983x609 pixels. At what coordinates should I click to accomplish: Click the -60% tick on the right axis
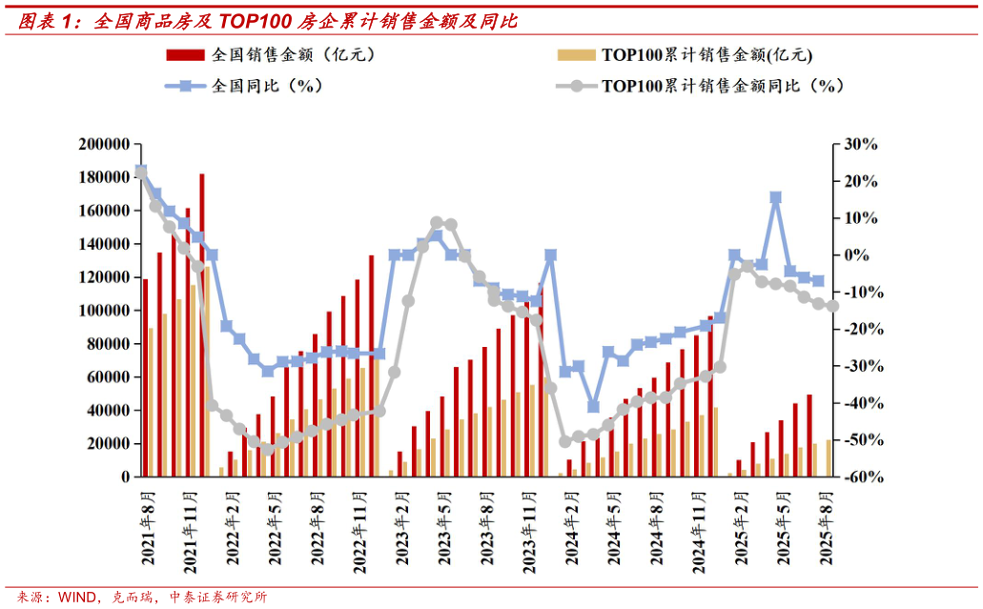click(857, 477)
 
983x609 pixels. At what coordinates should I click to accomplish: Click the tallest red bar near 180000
click(202, 324)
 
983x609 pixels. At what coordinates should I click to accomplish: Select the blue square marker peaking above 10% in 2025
click(776, 197)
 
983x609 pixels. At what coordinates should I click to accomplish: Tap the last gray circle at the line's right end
click(832, 306)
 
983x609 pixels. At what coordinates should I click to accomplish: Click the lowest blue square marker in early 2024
click(593, 406)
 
